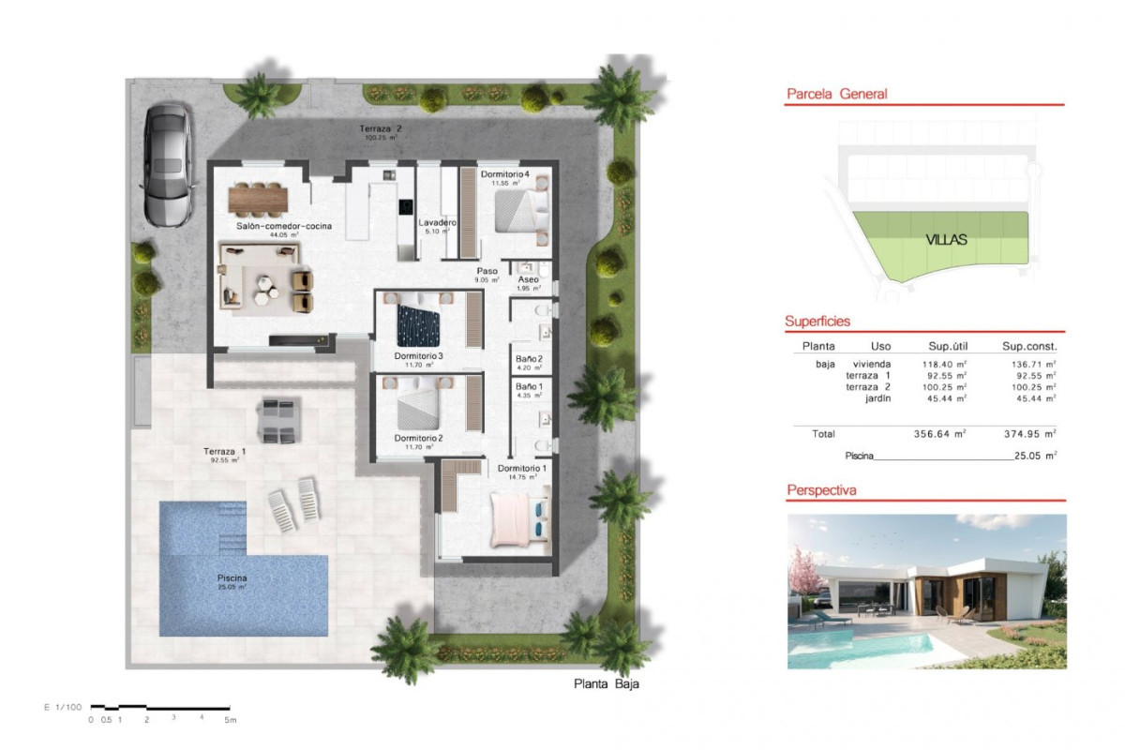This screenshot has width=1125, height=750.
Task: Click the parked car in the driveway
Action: point(168,164)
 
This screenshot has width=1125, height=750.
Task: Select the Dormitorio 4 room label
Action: point(505,174)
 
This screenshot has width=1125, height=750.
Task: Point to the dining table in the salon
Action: point(257,198)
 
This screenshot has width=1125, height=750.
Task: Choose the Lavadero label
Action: point(437,222)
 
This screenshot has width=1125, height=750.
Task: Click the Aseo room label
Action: point(529,279)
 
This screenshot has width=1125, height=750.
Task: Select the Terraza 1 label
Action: point(222,452)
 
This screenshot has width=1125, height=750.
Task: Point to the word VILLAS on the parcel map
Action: point(946,239)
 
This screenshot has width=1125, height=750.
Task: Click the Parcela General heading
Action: point(836,94)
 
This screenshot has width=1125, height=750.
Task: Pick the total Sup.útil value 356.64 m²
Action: point(939,434)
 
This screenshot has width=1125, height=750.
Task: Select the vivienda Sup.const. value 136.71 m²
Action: point(1028,364)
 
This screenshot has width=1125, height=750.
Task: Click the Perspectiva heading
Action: point(821,489)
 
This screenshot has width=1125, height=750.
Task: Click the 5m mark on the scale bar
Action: point(229,720)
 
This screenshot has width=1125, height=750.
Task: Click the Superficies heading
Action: point(817,322)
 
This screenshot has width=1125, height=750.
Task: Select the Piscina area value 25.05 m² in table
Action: point(1035,456)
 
